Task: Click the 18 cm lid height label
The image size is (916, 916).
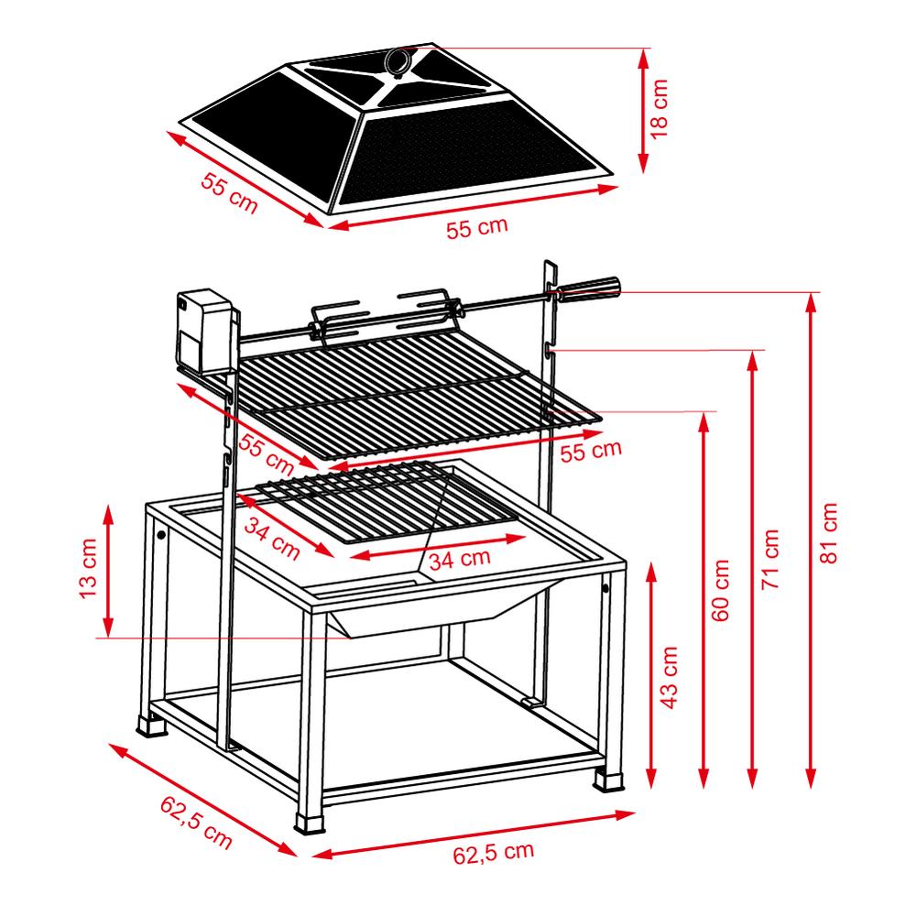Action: (x=659, y=109)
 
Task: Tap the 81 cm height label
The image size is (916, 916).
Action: (x=828, y=533)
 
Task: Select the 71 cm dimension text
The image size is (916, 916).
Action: (x=770, y=559)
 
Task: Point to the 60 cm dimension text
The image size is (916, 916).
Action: (x=721, y=590)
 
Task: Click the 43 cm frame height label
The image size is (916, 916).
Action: (x=670, y=678)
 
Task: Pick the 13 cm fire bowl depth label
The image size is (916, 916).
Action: (x=88, y=569)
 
